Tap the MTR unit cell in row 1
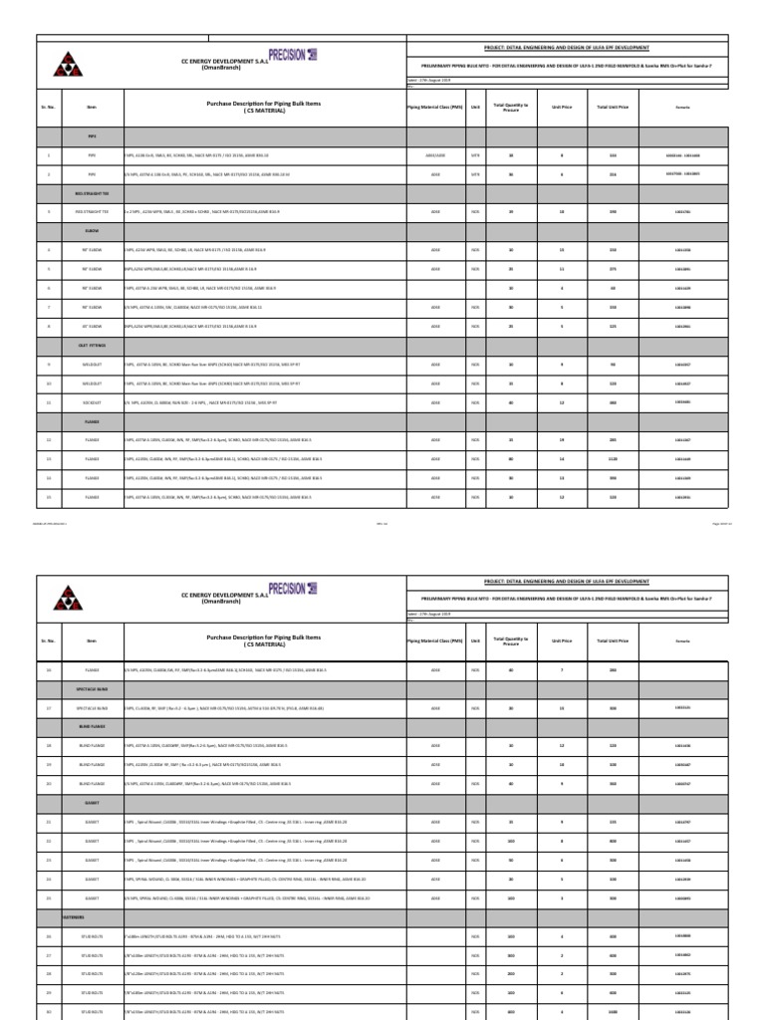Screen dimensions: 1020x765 tap(476, 156)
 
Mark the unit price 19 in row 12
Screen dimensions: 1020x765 tap(560, 439)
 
